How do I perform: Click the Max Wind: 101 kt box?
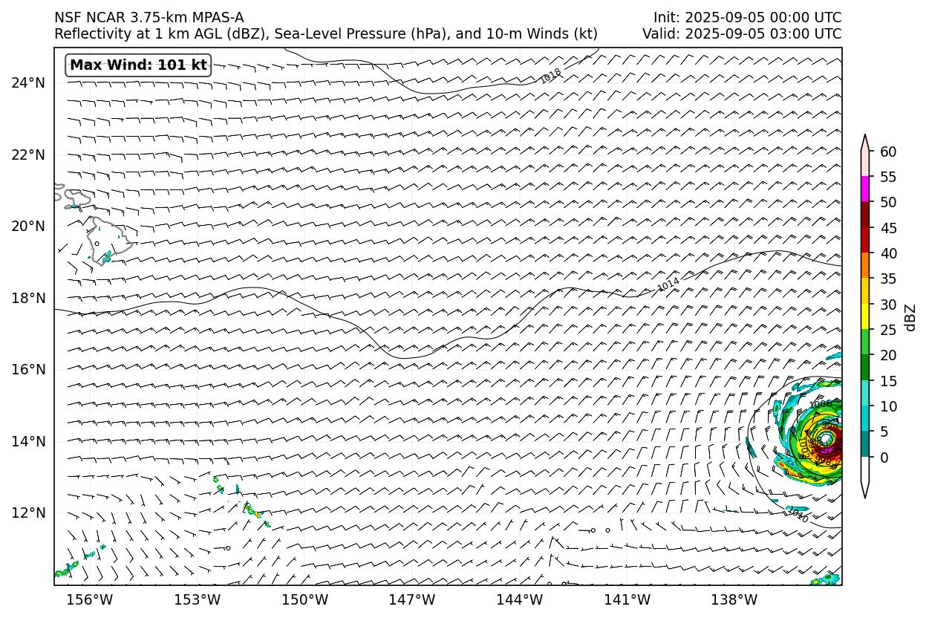(138, 65)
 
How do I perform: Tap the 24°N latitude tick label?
(27, 82)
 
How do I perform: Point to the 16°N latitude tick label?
(27, 369)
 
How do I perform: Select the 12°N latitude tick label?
(27, 513)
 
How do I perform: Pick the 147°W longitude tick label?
(412, 599)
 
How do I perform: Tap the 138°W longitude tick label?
(734, 599)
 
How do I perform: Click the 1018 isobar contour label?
(550, 76)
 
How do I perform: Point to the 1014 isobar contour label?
(668, 284)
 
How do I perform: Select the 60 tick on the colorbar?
(888, 152)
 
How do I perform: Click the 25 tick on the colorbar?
(888, 330)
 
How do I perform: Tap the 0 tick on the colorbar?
(884, 458)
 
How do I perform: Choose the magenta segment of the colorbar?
(865, 189)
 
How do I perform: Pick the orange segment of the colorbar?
(865, 266)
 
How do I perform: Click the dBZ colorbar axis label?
(911, 317)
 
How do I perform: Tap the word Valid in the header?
(659, 34)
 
